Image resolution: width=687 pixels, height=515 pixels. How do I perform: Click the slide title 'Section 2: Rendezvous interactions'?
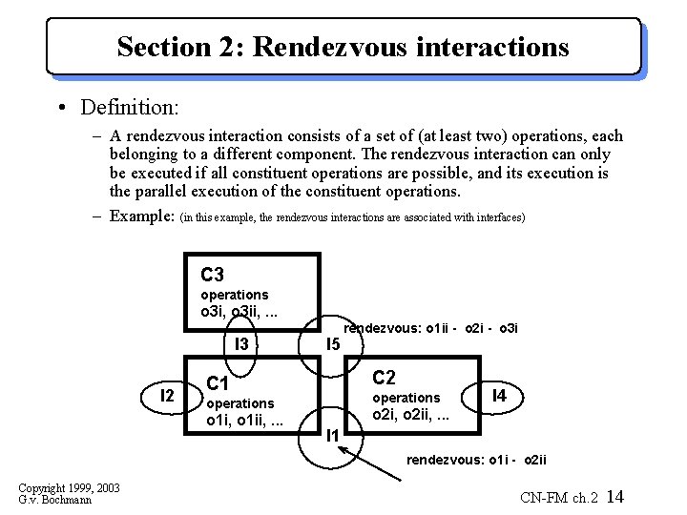[x=343, y=46]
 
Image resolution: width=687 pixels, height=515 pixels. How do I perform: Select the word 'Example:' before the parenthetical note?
[x=142, y=216]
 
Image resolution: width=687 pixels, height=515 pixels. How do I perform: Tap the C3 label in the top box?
[x=212, y=276]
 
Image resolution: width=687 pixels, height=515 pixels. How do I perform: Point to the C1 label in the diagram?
[x=219, y=384]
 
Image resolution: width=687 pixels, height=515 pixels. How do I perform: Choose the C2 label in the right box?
[x=384, y=377]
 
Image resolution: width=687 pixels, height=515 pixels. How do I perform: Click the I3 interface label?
[x=240, y=343]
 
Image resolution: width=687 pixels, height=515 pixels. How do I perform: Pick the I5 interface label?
[x=333, y=343]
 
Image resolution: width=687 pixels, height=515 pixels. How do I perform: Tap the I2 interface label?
[x=166, y=395]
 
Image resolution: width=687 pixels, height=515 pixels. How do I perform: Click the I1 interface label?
[x=332, y=436]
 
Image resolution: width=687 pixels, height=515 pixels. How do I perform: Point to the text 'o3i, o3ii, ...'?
[x=239, y=312]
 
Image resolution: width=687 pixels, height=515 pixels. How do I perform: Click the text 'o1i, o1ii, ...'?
[x=245, y=421]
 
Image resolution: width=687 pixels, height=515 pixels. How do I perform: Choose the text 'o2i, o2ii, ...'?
[x=410, y=414]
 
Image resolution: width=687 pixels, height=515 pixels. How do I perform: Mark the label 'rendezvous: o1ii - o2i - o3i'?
[x=430, y=328]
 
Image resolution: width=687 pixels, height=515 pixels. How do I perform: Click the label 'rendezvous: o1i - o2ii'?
[x=477, y=460]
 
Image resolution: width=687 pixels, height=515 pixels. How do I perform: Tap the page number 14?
[x=614, y=497]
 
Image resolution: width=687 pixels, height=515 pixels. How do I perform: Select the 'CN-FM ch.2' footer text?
[x=559, y=498]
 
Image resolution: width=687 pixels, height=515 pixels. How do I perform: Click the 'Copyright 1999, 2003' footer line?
[x=69, y=488]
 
